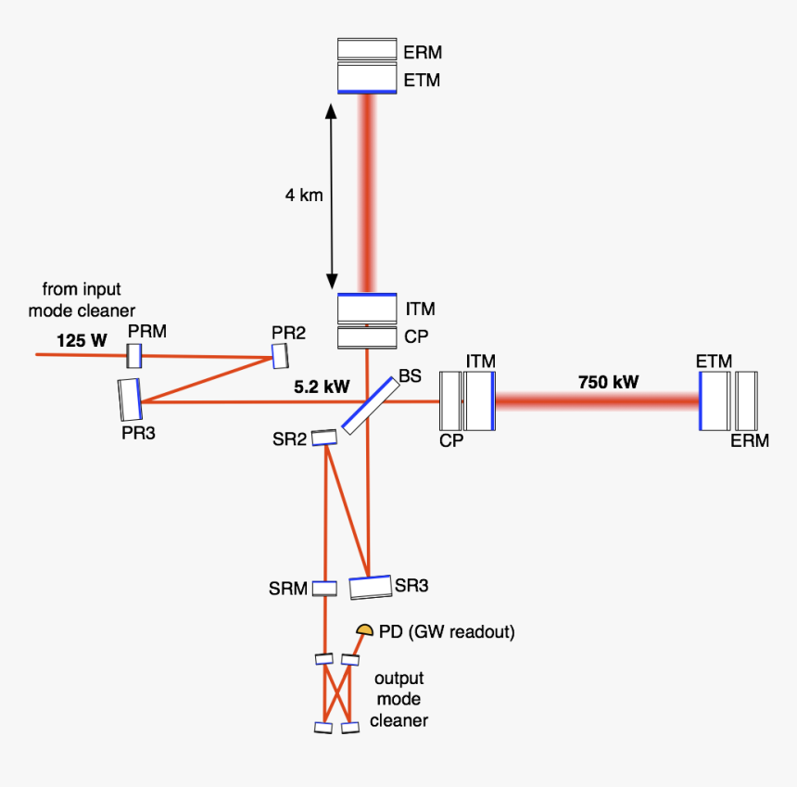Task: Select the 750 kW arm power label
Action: tap(608, 382)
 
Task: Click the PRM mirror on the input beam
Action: tap(133, 354)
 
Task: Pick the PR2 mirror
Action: tap(280, 354)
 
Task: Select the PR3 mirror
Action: tap(130, 400)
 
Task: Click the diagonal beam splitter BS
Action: tap(370, 403)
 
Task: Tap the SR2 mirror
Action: tap(324, 437)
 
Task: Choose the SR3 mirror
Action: tap(370, 588)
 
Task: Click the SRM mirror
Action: tap(323, 588)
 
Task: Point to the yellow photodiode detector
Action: tap(365, 630)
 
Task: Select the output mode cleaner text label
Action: tap(398, 699)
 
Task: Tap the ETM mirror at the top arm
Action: tap(368, 78)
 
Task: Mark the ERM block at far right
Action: tap(746, 400)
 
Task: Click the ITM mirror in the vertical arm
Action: tap(368, 307)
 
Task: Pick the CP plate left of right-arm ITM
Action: tap(449, 400)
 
